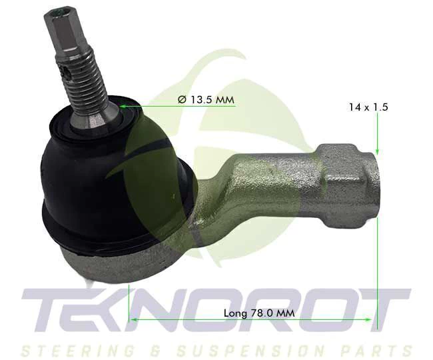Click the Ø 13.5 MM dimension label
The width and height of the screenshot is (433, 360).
(206, 99)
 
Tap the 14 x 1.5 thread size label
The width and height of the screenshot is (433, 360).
(368, 107)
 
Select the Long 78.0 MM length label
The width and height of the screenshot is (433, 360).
(259, 313)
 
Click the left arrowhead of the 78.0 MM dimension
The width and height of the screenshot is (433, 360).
(134, 319)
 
